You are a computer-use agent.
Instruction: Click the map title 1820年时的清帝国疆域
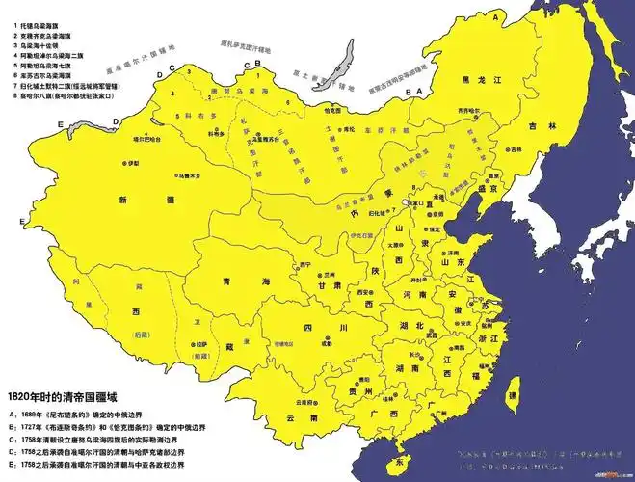(72, 396)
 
